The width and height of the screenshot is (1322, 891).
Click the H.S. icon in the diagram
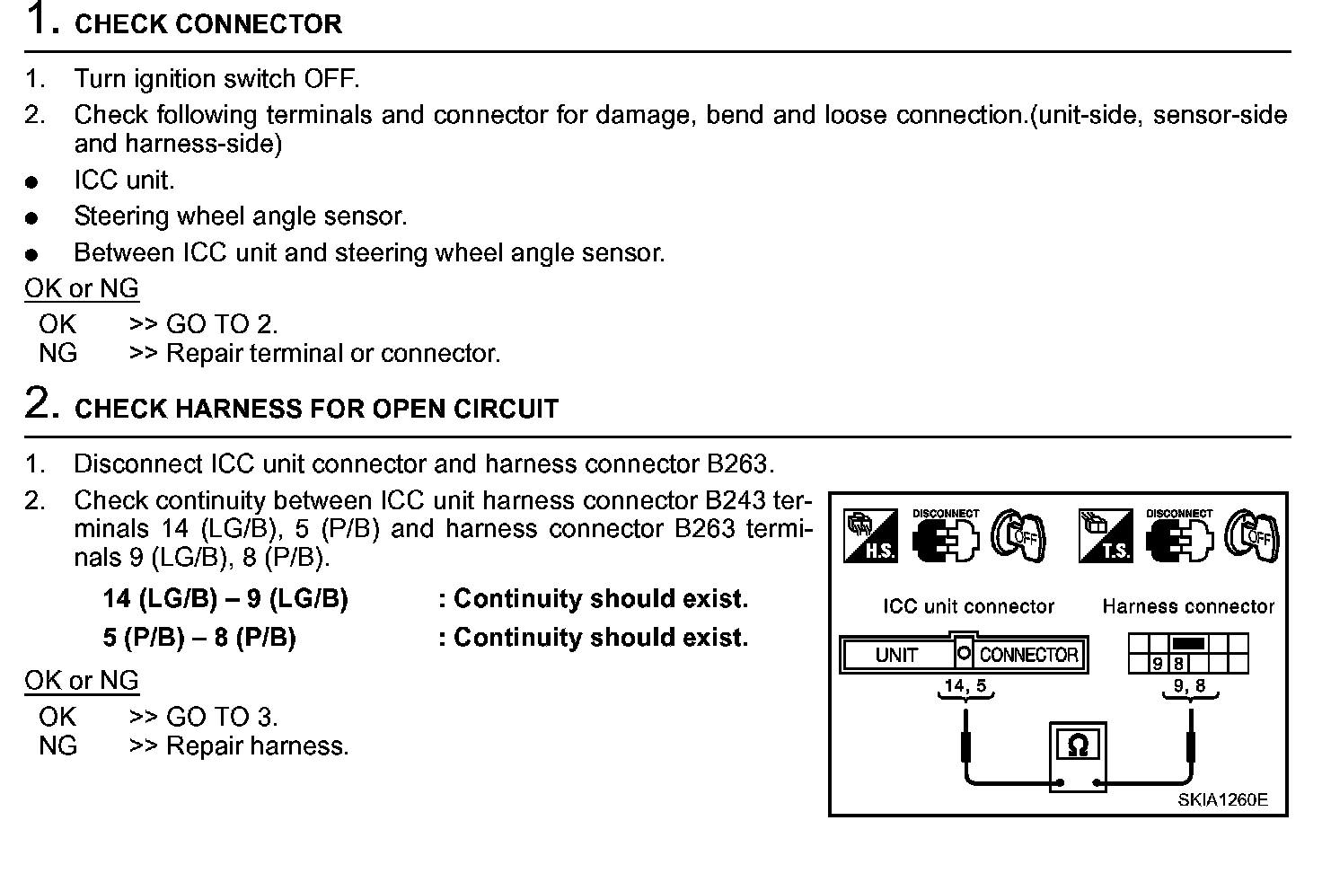tap(869, 535)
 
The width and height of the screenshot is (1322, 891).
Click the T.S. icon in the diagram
tap(1106, 535)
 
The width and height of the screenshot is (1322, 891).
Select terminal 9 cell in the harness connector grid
tap(1158, 665)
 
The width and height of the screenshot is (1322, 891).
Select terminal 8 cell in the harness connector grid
tap(1178, 665)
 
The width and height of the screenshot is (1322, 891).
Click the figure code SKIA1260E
tap(1223, 800)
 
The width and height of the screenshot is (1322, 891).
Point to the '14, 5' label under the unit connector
tap(965, 686)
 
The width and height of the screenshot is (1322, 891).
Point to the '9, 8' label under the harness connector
tap(1189, 686)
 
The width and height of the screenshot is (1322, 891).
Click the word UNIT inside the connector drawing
tap(895, 655)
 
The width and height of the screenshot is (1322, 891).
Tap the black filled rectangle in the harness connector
tap(1188, 643)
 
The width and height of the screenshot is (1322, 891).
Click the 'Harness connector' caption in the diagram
tap(1188, 606)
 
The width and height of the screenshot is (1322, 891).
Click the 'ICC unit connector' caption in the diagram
tap(967, 606)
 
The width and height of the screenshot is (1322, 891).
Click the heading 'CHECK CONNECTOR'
tap(208, 24)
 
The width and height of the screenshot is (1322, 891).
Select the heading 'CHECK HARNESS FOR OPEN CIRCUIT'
tap(316, 409)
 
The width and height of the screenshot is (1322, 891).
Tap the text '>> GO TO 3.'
tap(204, 717)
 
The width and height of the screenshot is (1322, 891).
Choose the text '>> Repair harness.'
tap(239, 745)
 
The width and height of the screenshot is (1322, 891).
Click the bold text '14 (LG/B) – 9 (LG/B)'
tap(225, 598)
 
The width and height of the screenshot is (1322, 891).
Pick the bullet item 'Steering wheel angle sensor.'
tap(241, 216)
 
